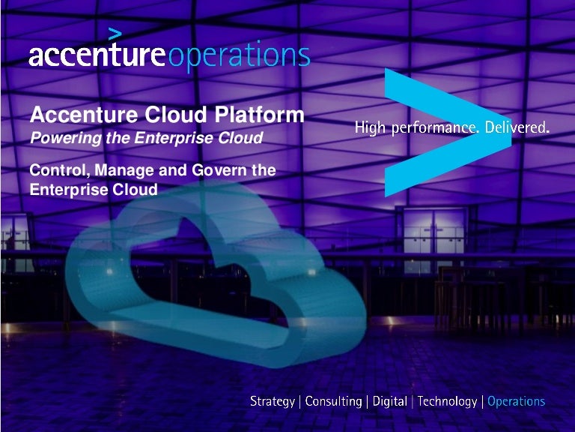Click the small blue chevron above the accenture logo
point(115,33)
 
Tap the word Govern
point(217,170)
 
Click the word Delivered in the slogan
point(517,128)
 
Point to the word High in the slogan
point(370,129)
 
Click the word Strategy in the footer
point(273,402)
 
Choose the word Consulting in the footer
point(333,402)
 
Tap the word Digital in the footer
point(389,402)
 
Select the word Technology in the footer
point(447,402)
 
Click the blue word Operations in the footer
point(516,402)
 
